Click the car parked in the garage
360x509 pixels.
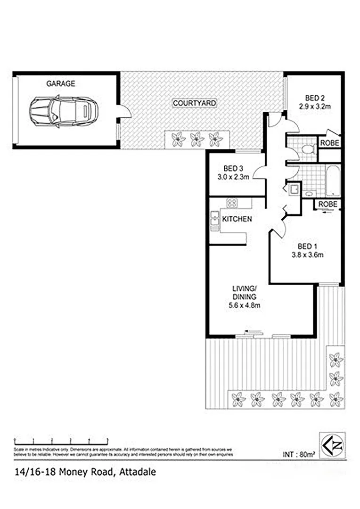pyautogui.click(x=60, y=112)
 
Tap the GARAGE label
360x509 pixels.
pyautogui.click(x=60, y=84)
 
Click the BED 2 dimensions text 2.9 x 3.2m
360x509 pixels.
pyautogui.click(x=315, y=107)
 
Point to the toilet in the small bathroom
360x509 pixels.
pyautogui.click(x=307, y=149)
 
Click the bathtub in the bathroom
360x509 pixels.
pyautogui.click(x=332, y=181)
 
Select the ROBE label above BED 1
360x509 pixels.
pyautogui.click(x=327, y=204)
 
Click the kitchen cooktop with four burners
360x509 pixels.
pyautogui.click(x=232, y=203)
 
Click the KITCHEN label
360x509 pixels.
pyautogui.click(x=237, y=219)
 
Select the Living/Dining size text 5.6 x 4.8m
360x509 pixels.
pyautogui.click(x=244, y=305)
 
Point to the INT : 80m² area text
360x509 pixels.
pyautogui.click(x=299, y=455)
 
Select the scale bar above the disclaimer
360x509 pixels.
pyautogui.click(x=61, y=440)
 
